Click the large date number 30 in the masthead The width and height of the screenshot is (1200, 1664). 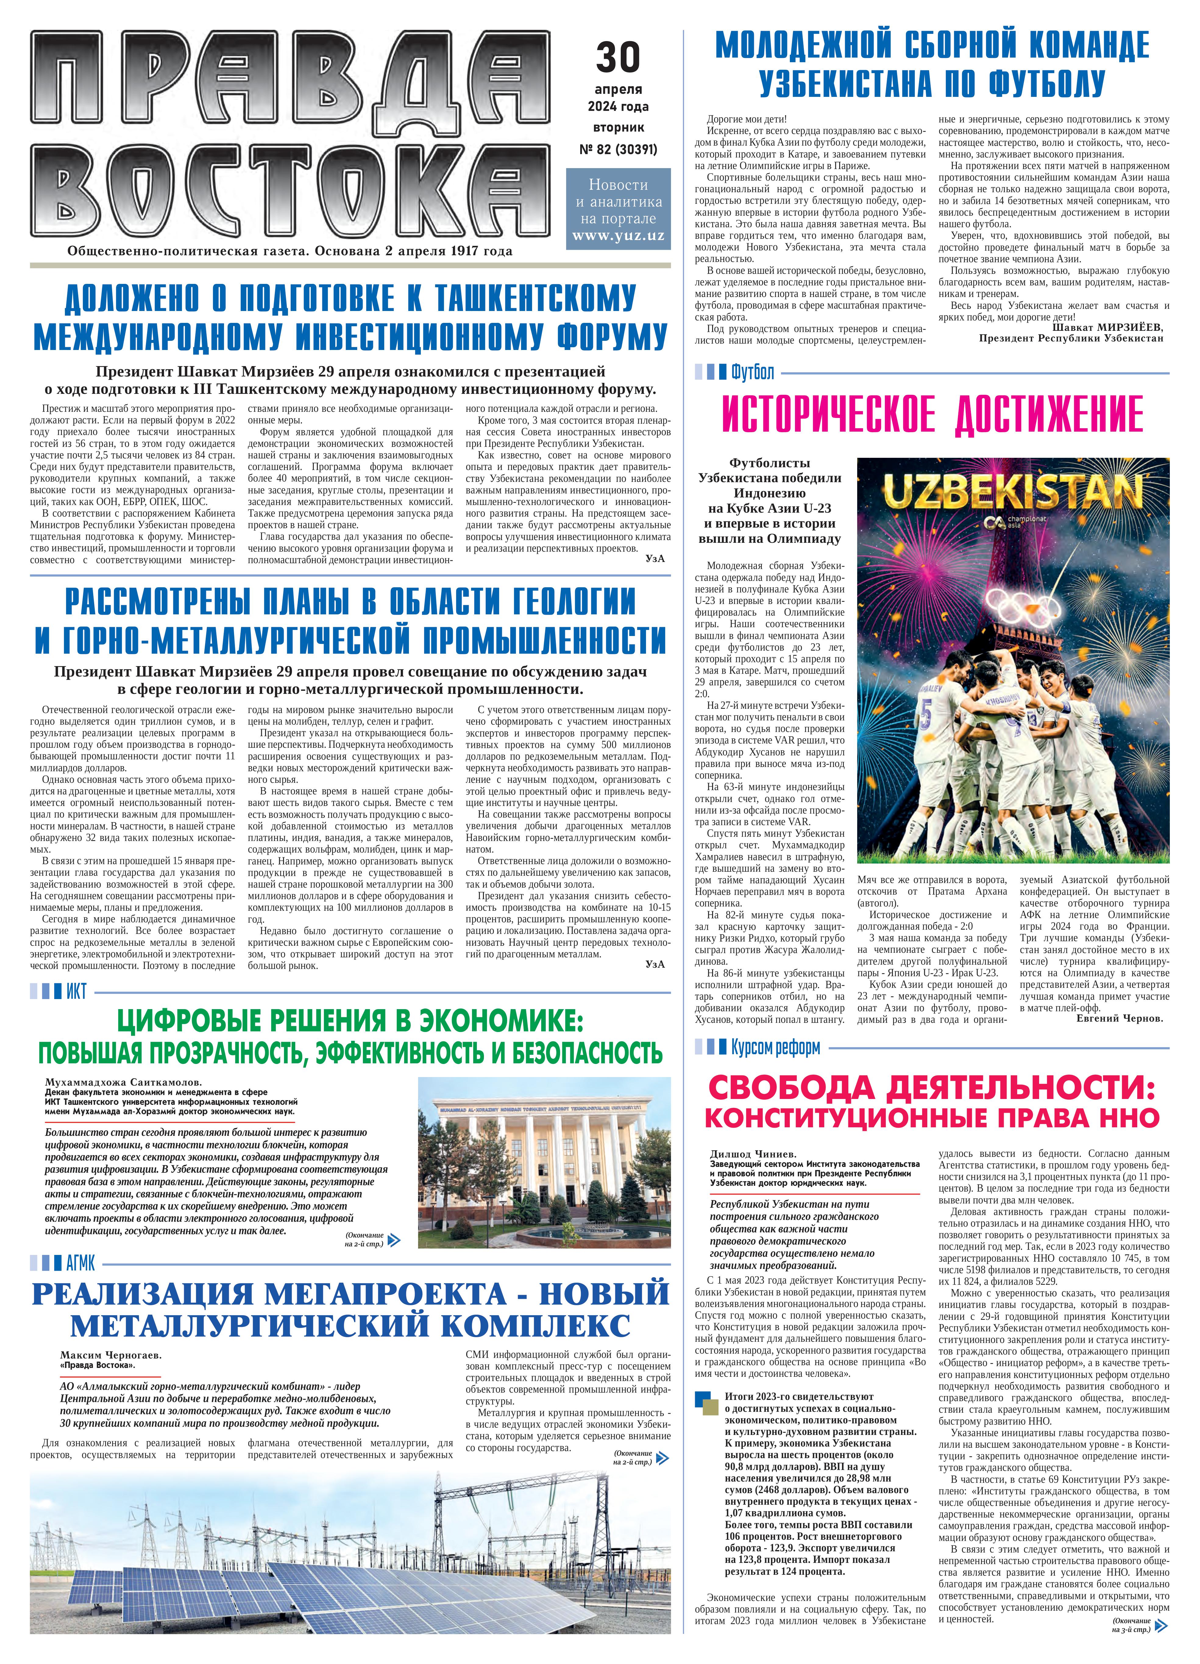(x=618, y=57)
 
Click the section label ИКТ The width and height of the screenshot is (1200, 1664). (x=76, y=992)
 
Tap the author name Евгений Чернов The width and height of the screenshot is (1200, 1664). (x=1119, y=1018)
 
